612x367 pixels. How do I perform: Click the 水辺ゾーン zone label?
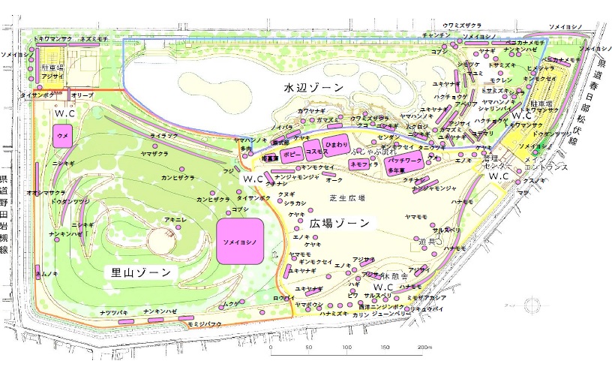(x=313, y=88)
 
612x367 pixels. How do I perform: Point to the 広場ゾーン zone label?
(x=339, y=224)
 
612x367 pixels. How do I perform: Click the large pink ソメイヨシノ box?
(x=241, y=242)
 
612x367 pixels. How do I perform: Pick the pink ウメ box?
(x=63, y=137)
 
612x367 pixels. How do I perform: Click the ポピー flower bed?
(x=290, y=153)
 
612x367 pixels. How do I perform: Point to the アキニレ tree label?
(x=175, y=218)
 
